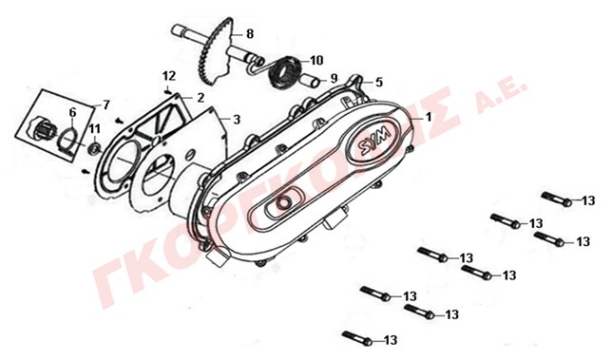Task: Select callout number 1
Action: pos(429,117)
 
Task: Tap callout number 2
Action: pos(201,98)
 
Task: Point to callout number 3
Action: pos(237,120)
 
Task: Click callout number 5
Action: pos(379,83)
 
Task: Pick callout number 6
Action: pos(72,113)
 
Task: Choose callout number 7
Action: pos(105,104)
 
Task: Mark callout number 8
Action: pos(250,34)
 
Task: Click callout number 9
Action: pos(334,79)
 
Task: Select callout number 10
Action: pos(316,61)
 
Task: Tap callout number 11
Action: pos(94,129)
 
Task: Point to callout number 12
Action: pos(169,76)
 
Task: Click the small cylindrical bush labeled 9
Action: pos(312,81)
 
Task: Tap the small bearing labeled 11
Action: pos(94,148)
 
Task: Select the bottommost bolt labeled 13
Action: pos(357,337)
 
